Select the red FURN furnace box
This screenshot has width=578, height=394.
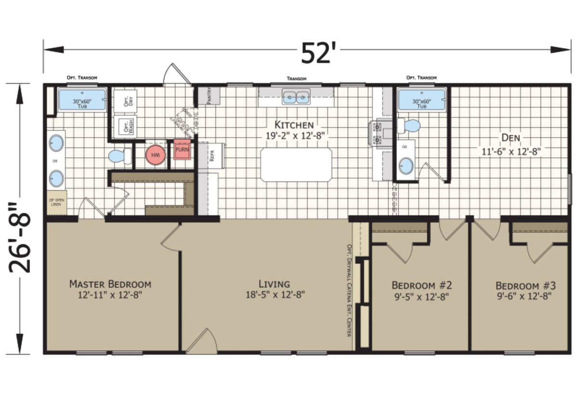click(x=182, y=150)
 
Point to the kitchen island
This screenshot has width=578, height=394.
click(x=296, y=165)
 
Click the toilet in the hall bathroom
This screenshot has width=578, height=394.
click(x=409, y=126)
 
